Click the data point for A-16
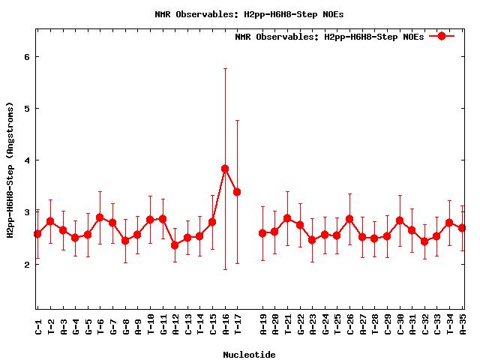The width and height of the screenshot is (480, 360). point(225,169)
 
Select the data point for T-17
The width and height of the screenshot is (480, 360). point(237,192)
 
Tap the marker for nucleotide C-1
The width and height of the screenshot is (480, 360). point(37,234)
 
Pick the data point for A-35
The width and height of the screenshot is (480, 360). point(463,228)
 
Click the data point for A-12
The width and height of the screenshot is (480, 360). point(175,245)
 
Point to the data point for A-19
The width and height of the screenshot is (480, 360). point(262,233)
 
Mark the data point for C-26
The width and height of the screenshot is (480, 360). point(349,219)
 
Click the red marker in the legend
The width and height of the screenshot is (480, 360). point(442,36)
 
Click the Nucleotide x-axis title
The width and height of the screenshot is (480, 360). point(249,353)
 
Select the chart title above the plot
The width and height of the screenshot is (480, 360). point(249,14)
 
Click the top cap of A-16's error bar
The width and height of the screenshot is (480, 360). point(225,68)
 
